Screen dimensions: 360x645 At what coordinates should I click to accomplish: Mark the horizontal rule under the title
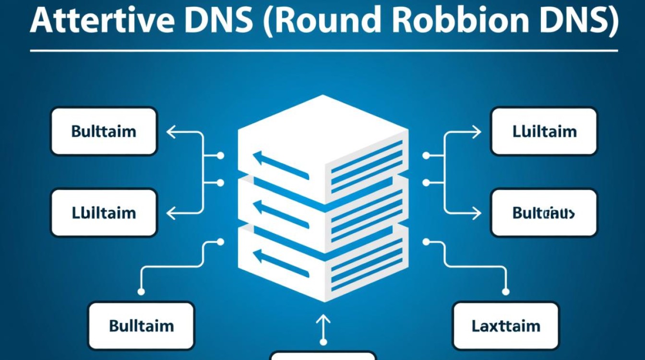323,50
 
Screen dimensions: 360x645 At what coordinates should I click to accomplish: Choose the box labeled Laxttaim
506,326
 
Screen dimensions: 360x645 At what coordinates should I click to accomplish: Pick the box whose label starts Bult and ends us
544,213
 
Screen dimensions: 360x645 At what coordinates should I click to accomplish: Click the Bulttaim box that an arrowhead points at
104,131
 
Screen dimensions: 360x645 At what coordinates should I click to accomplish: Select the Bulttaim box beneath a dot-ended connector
141,326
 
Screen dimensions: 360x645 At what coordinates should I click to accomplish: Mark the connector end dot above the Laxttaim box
505,291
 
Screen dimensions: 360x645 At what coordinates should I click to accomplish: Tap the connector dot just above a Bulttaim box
141,291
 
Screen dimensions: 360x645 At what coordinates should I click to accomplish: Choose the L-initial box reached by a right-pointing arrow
544,131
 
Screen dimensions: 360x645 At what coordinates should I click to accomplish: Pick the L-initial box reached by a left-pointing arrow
104,213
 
